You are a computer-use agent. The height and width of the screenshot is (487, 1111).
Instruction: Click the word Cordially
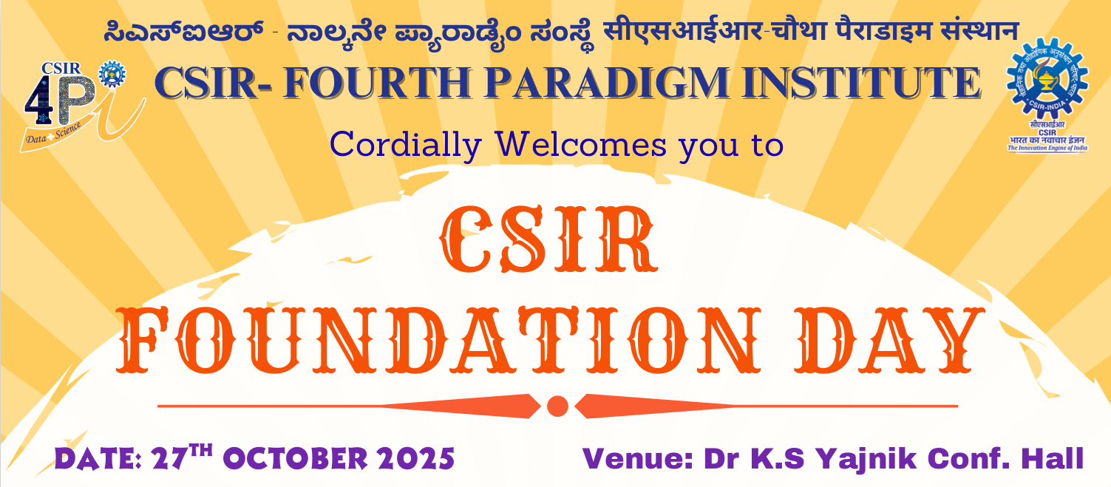(x=405, y=146)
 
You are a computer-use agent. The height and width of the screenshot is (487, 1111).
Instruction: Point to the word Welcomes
(x=582, y=144)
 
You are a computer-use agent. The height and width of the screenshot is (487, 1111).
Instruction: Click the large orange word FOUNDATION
(x=438, y=340)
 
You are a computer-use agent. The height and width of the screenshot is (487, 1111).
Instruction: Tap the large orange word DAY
(x=889, y=340)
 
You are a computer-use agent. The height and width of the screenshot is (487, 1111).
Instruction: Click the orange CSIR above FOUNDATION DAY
(x=548, y=239)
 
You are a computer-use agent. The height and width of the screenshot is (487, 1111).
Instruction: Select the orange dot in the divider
(x=557, y=406)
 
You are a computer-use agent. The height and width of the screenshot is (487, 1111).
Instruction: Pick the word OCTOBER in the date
(x=296, y=459)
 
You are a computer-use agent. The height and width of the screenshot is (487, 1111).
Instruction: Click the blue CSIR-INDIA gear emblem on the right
(x=1047, y=79)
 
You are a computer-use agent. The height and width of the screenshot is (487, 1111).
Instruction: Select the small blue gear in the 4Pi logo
(x=112, y=75)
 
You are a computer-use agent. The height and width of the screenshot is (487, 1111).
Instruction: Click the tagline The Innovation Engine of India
(x=1047, y=148)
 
